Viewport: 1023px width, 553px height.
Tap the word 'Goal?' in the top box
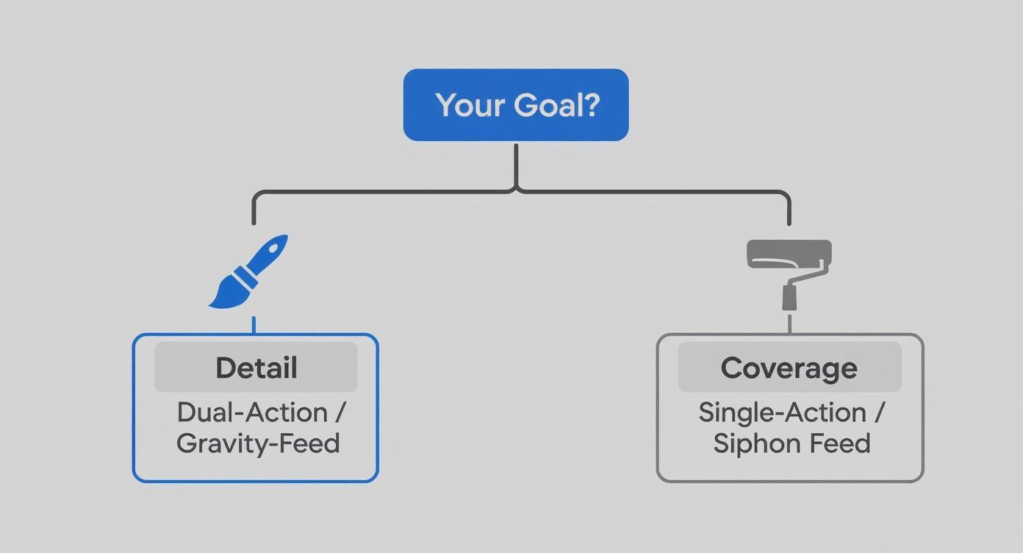tap(556, 105)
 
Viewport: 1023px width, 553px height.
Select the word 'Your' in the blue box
tap(470, 105)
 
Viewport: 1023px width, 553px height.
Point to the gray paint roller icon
tap(789, 272)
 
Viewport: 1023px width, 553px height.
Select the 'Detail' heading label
tap(256, 368)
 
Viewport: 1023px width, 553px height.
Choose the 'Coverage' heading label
tap(789, 368)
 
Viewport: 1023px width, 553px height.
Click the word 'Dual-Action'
tap(252, 413)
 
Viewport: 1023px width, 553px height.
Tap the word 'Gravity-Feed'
tap(258, 444)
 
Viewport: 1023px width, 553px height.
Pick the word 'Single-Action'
tap(781, 413)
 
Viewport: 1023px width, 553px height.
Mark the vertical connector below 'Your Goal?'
tap(516, 165)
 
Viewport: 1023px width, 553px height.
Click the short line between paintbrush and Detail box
tap(254, 325)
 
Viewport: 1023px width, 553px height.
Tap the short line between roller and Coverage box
tap(789, 324)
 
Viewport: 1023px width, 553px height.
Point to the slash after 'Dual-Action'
tap(339, 413)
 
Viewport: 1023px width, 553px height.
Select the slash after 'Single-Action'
tap(880, 413)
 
